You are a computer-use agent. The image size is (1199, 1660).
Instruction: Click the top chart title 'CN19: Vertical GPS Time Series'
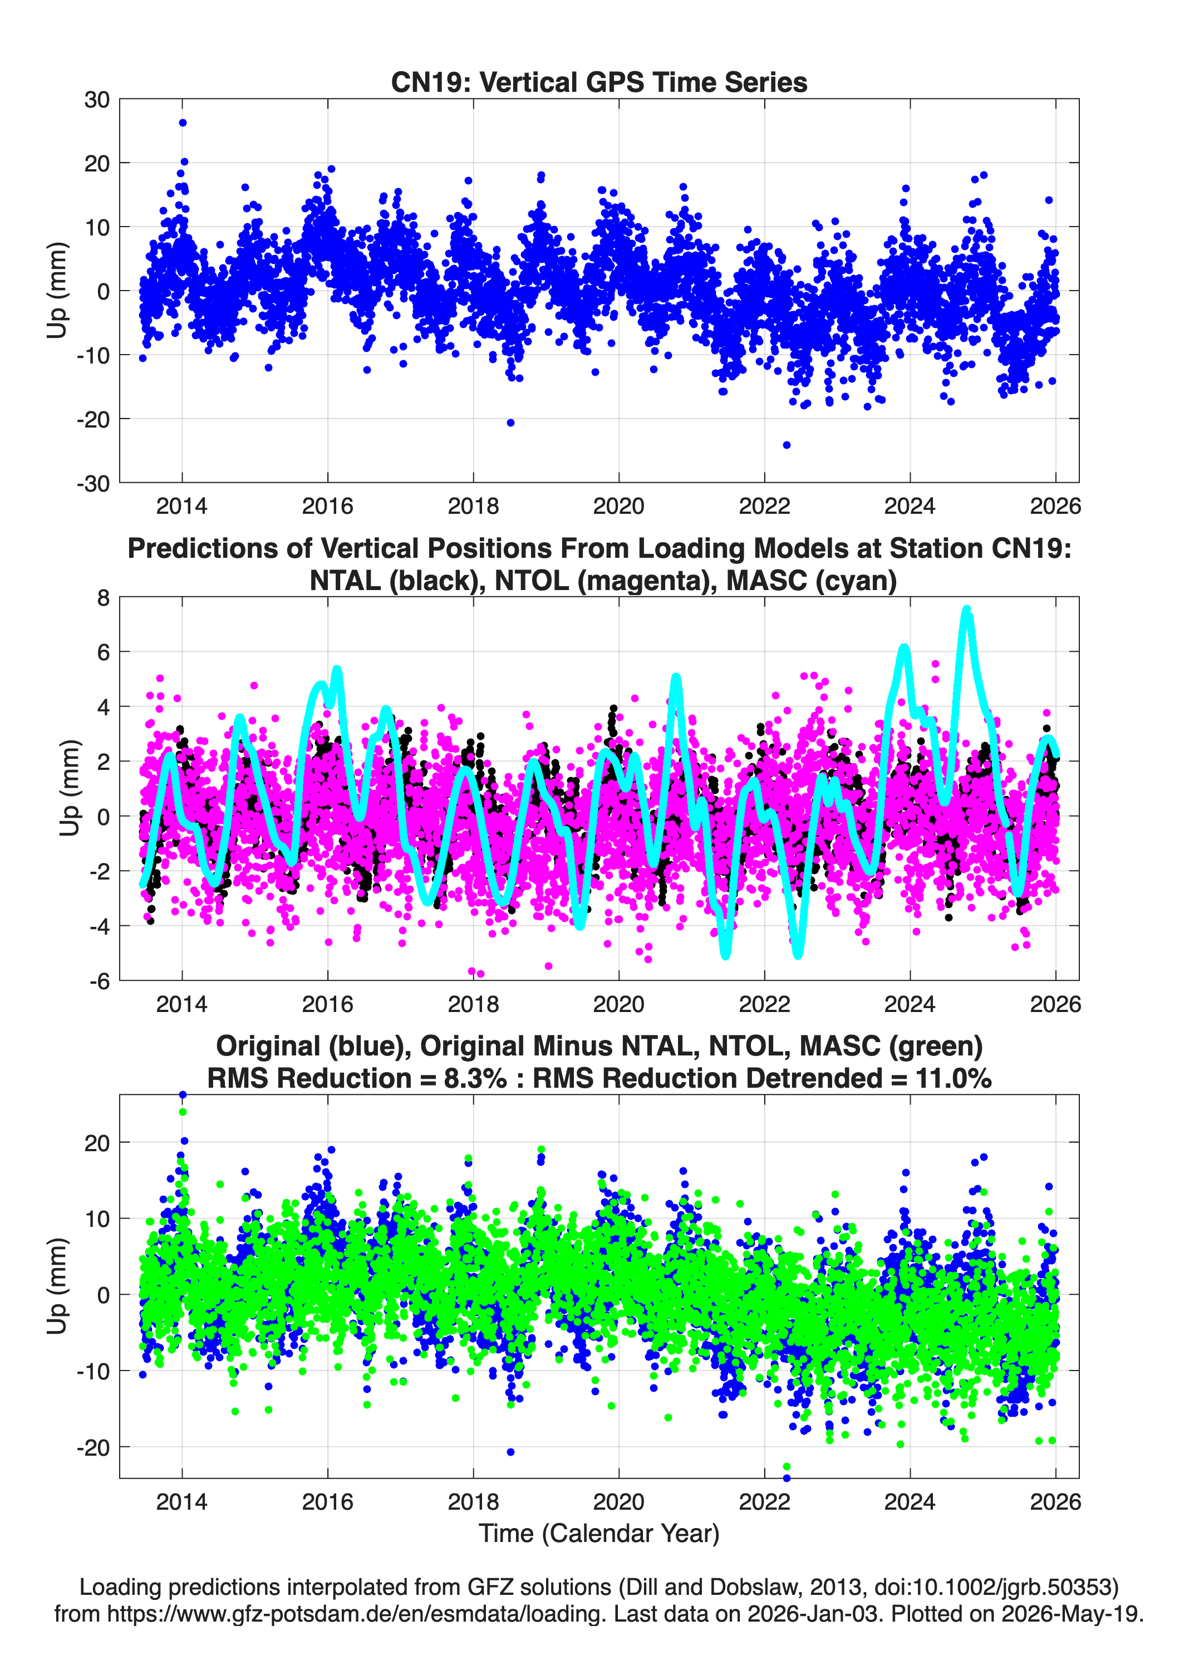(599, 82)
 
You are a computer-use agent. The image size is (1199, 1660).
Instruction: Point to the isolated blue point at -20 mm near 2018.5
(510, 423)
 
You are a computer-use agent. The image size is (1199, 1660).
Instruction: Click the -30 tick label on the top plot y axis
(92, 484)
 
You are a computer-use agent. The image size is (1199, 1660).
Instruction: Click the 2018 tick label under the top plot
(473, 506)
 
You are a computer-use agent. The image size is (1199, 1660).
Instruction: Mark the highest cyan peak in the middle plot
(966, 609)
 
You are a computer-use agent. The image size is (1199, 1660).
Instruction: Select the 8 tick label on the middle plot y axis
(103, 598)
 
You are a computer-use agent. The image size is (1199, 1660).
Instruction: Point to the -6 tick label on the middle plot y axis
(100, 981)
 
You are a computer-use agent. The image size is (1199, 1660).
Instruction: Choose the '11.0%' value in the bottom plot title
(953, 1078)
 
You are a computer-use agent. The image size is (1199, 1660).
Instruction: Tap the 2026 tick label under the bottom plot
(1055, 1501)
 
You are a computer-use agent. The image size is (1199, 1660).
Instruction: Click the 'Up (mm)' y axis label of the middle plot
(70, 788)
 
